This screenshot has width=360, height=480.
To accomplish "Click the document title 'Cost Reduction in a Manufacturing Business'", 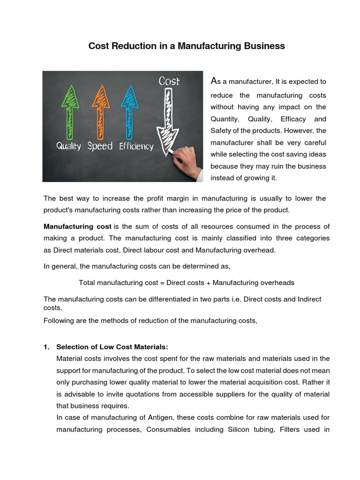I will coord(187,46).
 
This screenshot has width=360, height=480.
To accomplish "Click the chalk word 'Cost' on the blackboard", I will coord(169,81).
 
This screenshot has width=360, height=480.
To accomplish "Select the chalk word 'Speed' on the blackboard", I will coord(100,146).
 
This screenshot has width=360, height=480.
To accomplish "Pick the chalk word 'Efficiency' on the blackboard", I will coord(136,146).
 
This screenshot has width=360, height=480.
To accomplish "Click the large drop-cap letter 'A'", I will coord(214,81).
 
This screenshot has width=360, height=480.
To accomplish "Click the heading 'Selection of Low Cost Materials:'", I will coord(112,347).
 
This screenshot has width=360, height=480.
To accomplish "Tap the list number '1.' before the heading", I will coord(46,347).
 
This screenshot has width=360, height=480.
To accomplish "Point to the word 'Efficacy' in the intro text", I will coord(292,119).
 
